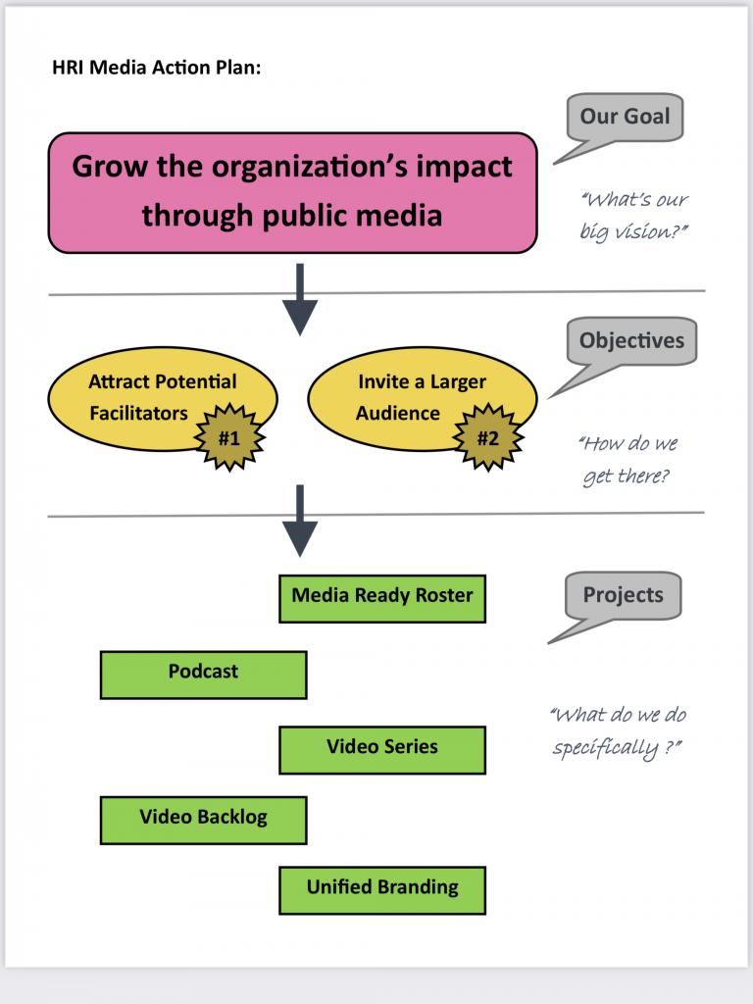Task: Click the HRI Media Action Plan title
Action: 156,70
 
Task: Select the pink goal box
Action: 292,192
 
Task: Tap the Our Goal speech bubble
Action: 625,119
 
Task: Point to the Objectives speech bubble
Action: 630,342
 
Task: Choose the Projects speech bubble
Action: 623,596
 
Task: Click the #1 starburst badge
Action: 228,437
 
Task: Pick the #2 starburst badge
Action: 487,437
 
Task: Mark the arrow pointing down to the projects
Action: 300,521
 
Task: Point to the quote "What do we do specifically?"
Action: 618,731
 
